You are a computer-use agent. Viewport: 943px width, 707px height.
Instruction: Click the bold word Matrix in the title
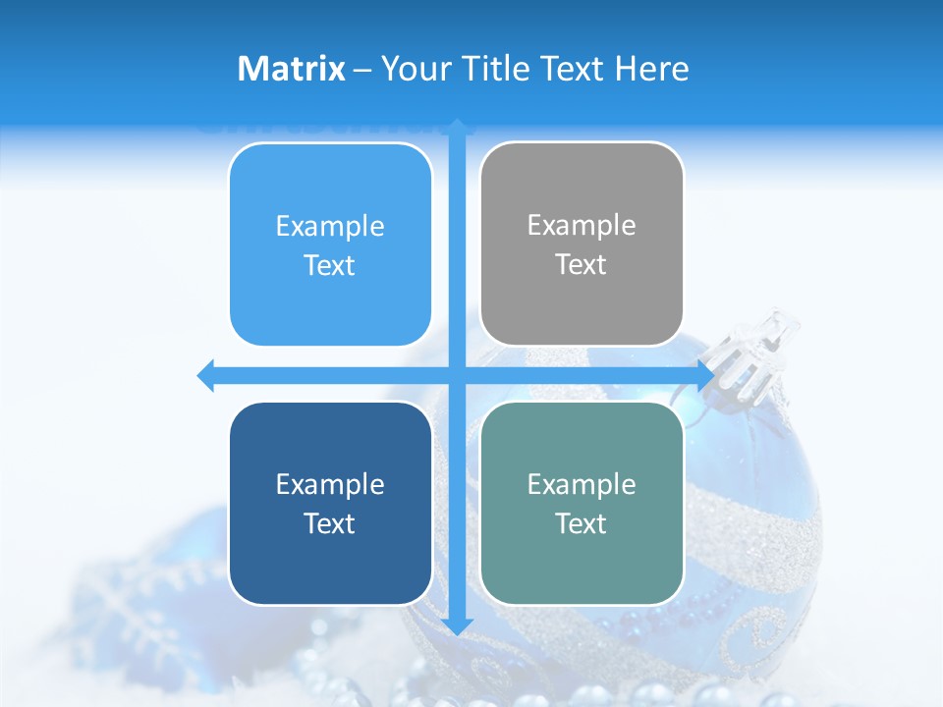292,69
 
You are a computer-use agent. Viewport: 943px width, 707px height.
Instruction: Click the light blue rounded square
330,245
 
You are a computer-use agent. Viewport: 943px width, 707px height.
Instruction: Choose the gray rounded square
582,244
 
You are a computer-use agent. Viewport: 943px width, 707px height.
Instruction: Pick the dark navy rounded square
330,503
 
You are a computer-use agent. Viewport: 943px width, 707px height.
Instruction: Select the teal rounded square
582,503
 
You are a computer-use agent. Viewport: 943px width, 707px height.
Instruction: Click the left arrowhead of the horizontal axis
206,375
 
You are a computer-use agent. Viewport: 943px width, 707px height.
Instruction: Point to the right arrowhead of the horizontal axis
705,375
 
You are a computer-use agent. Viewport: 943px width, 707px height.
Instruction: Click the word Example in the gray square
582,225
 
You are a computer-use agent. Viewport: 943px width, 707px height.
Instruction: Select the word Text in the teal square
582,523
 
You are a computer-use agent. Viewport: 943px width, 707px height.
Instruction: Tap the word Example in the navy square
330,484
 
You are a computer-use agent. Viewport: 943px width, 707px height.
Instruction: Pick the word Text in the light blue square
330,265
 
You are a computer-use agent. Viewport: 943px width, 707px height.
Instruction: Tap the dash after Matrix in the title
362,69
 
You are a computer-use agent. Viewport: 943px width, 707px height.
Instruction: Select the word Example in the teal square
582,484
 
